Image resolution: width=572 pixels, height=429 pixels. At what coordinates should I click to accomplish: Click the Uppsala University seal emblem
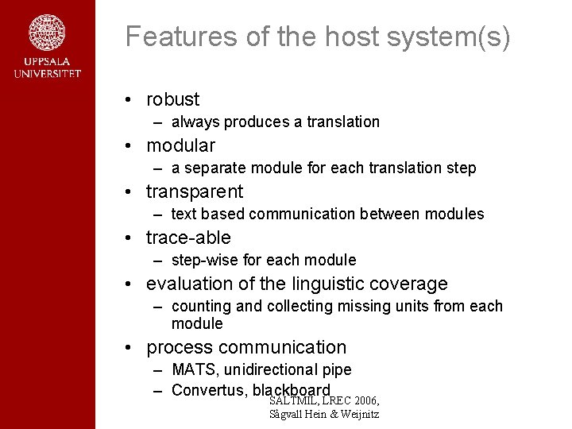click(47, 33)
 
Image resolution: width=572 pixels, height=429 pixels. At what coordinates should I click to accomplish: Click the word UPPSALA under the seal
click(47, 62)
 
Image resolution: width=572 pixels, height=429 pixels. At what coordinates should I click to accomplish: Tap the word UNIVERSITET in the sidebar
click(47, 74)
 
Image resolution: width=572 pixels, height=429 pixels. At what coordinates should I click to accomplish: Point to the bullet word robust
click(172, 99)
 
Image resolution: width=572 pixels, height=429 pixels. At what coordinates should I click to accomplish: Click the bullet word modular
click(180, 145)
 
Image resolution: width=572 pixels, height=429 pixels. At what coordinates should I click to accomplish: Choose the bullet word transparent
click(195, 191)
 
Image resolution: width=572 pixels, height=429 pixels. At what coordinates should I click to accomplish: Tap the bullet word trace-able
click(188, 238)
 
